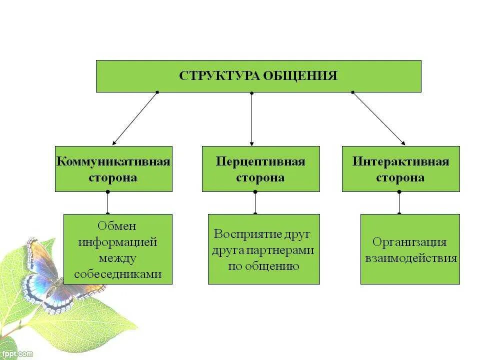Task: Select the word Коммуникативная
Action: coord(113,161)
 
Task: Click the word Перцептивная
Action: coord(260,161)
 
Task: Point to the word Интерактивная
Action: coord(400,161)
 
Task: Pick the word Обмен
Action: coord(117,226)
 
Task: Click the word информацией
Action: coord(117,242)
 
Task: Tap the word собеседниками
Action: coord(117,274)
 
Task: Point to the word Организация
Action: coord(409,242)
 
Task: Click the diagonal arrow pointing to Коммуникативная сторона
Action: coord(135,118)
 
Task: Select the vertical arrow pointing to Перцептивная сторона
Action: coord(251,119)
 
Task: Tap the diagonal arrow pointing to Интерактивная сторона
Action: coord(378,118)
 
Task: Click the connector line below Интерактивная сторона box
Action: coord(399,202)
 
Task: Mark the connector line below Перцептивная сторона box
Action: coord(255,202)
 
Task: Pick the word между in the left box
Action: coord(117,258)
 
